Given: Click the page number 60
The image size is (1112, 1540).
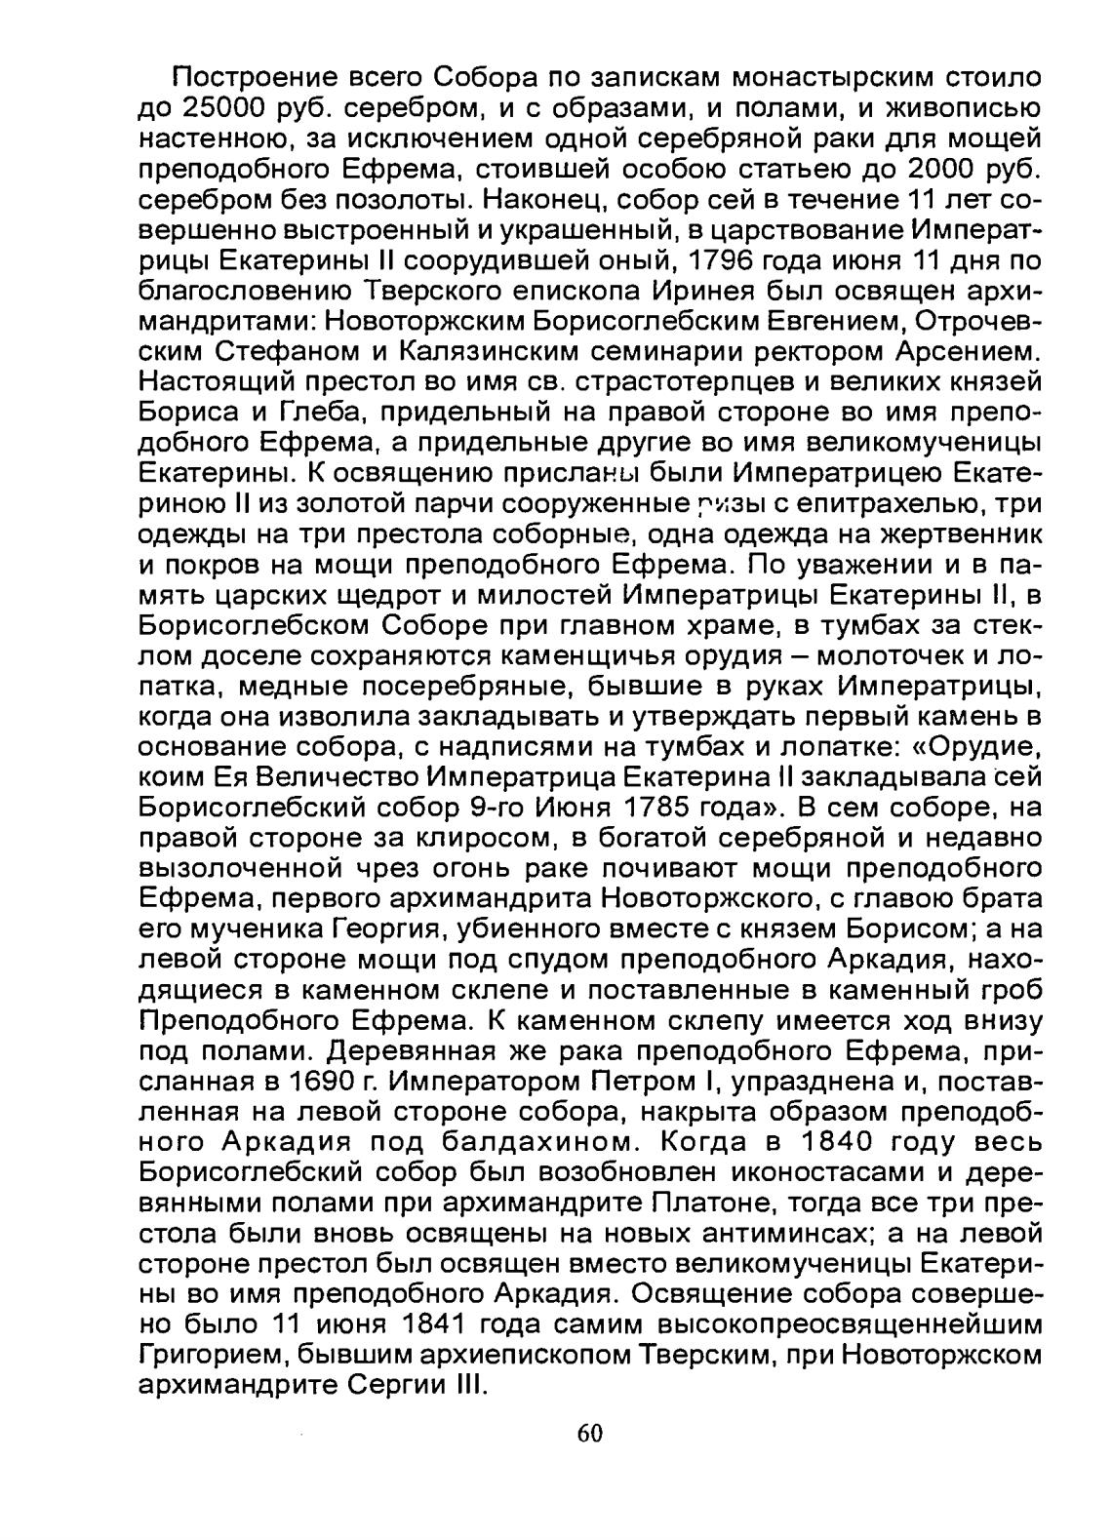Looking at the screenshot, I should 590,1432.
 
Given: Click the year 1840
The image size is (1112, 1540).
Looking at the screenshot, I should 849,1142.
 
